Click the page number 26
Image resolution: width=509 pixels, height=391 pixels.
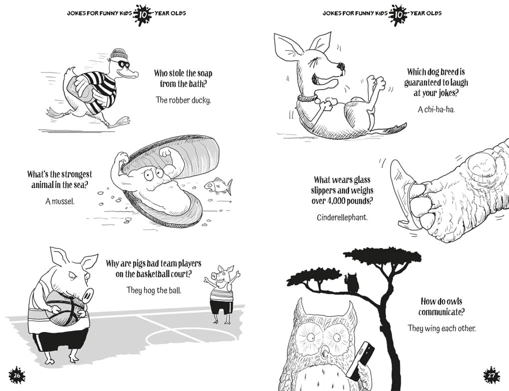[x=17, y=375]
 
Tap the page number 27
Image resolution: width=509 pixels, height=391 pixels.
[x=492, y=375]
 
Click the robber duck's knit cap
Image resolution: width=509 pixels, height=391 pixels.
[x=119, y=54]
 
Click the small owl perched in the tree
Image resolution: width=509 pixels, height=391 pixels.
[x=352, y=283]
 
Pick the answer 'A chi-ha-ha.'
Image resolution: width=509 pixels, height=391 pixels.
[x=436, y=108]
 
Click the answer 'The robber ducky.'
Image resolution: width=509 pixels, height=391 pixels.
[x=183, y=100]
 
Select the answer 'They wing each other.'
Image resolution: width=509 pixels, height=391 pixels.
[x=442, y=328]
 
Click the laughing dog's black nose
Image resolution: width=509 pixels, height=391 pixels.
[x=341, y=65]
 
